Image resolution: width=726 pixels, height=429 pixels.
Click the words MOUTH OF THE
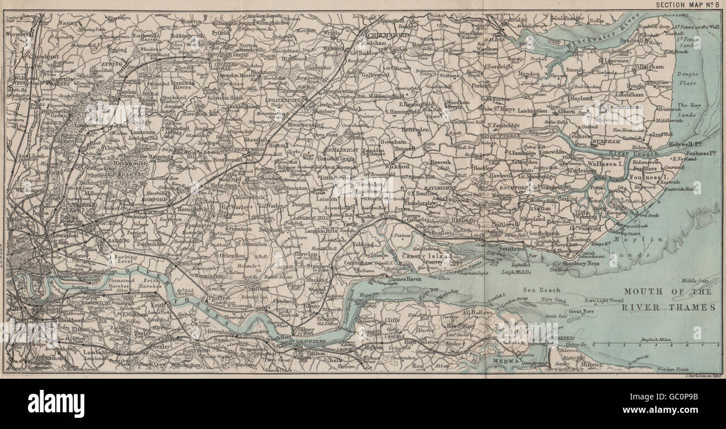(x=668, y=292)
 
